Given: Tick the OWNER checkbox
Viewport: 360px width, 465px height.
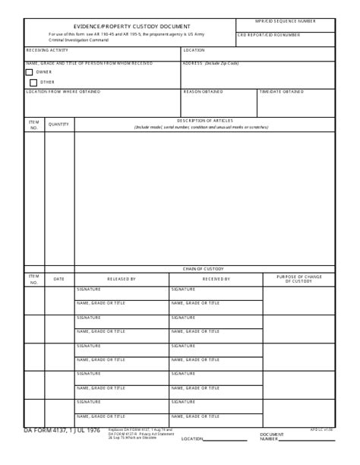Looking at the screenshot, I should point(29,72).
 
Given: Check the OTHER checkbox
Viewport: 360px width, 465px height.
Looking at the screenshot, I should point(29,82).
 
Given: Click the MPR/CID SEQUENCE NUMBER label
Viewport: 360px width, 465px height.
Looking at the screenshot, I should point(285,21).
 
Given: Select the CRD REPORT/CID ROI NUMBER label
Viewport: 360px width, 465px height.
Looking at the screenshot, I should point(269,35).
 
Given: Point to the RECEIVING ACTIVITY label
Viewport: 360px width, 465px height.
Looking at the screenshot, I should point(47,50).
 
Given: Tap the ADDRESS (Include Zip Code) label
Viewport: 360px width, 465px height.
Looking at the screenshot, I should point(210,63).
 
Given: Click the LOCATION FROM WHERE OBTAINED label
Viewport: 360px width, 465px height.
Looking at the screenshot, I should point(63,92).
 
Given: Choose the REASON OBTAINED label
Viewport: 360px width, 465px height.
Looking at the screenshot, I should point(203,92).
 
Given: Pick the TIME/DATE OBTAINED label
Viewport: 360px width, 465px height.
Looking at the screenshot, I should point(282,92).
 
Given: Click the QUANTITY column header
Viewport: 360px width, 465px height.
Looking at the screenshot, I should point(58,124).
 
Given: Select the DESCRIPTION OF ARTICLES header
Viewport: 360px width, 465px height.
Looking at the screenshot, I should point(204,121).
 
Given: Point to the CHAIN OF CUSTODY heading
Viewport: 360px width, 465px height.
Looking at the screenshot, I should point(203,268).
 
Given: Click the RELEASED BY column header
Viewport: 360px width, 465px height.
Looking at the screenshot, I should point(122,279).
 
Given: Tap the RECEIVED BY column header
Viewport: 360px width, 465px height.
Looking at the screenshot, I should point(216,279).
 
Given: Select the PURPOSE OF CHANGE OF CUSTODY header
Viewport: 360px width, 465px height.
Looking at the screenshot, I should point(298,279).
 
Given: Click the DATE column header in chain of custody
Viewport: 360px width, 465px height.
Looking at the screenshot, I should point(58,279).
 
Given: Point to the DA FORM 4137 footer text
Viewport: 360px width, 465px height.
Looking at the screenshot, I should point(62,431).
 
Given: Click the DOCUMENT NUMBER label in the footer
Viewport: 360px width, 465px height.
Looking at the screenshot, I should point(272,437).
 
